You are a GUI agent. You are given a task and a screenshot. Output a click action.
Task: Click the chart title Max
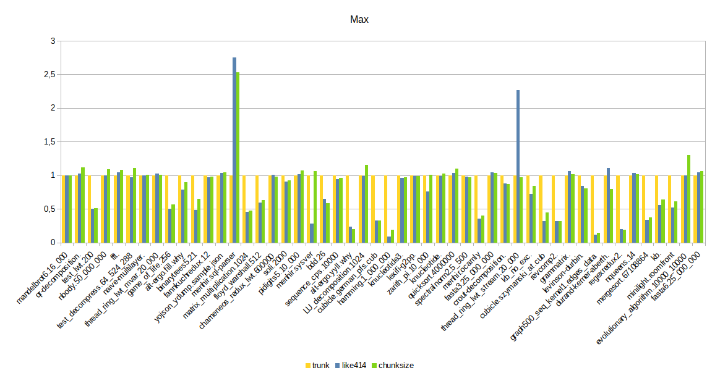(359, 20)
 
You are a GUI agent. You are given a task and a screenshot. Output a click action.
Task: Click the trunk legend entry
(320, 365)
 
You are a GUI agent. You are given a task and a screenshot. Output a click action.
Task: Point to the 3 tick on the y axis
(53, 41)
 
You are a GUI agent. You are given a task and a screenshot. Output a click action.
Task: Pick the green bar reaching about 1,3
(688, 199)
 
